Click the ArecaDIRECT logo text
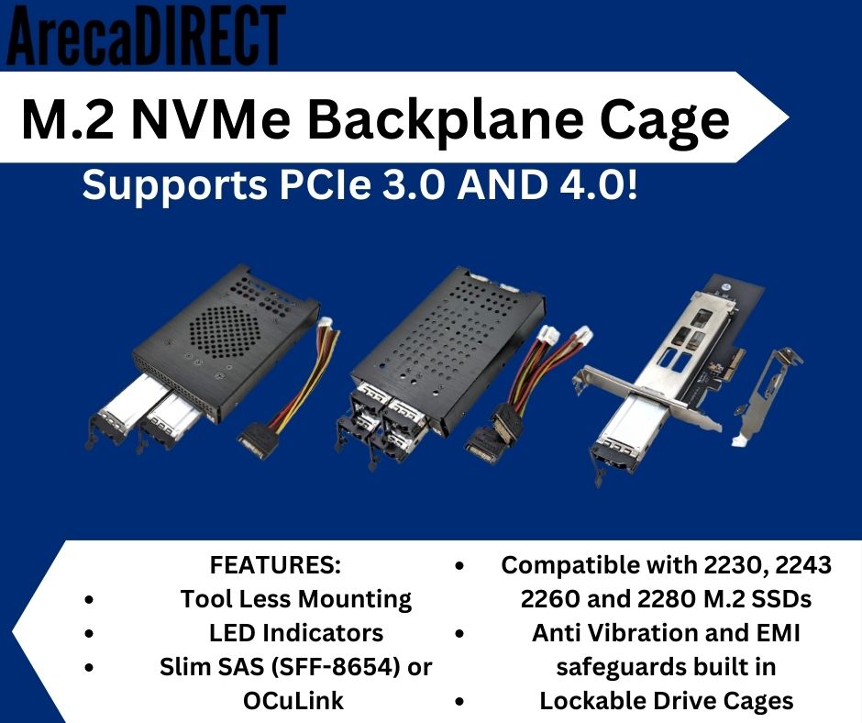coord(146,34)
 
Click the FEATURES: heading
coord(275,565)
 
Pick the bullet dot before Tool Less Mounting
coord(90,600)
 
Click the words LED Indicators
coord(296,633)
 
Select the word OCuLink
coord(293,701)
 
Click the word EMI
coord(779,633)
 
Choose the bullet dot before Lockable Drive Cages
coord(460,702)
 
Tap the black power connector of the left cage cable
coord(259,439)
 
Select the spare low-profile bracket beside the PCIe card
coord(768,394)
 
